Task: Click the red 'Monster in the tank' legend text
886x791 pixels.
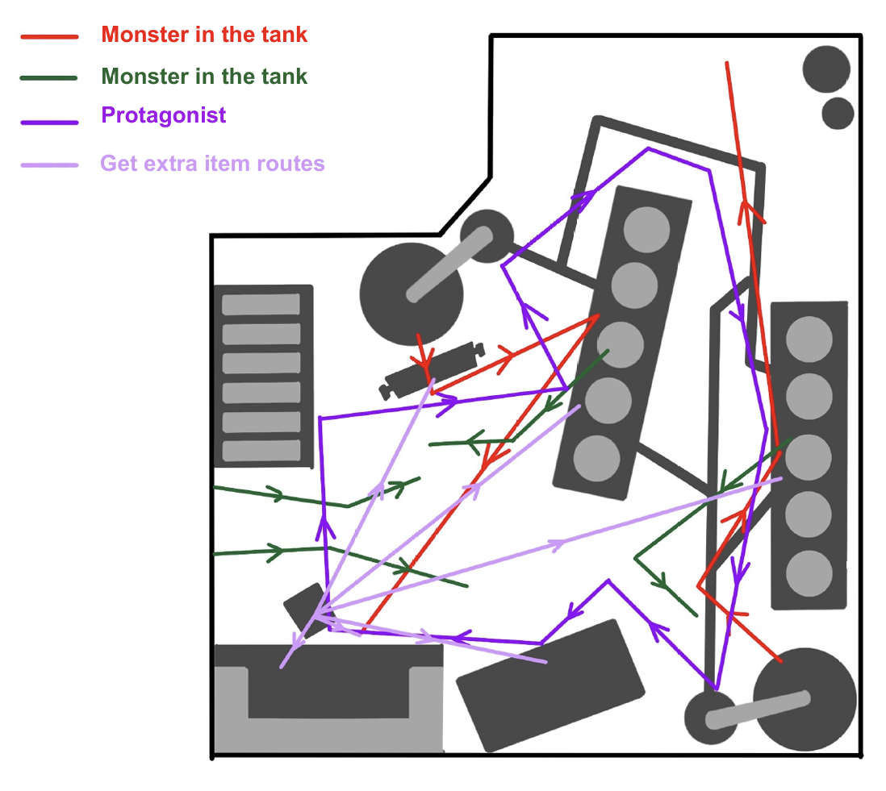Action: (x=204, y=35)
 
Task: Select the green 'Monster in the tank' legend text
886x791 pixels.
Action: (x=204, y=77)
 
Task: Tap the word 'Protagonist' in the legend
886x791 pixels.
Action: (x=163, y=115)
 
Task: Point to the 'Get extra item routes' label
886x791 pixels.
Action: (x=212, y=164)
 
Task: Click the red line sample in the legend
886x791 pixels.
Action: (x=49, y=37)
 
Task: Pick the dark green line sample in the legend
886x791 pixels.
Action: (x=49, y=78)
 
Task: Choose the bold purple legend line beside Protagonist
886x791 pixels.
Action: (x=49, y=123)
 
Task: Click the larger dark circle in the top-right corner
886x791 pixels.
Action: (x=826, y=69)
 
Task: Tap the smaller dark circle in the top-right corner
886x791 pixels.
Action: (x=838, y=113)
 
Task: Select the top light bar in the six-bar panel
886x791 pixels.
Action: (x=261, y=305)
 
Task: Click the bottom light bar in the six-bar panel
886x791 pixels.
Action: (x=261, y=450)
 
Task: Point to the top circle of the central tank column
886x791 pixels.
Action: (x=647, y=229)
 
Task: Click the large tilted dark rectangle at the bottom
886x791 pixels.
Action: (x=550, y=685)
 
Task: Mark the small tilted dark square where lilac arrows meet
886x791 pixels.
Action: (x=305, y=606)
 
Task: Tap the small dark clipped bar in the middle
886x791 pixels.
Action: (x=431, y=370)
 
